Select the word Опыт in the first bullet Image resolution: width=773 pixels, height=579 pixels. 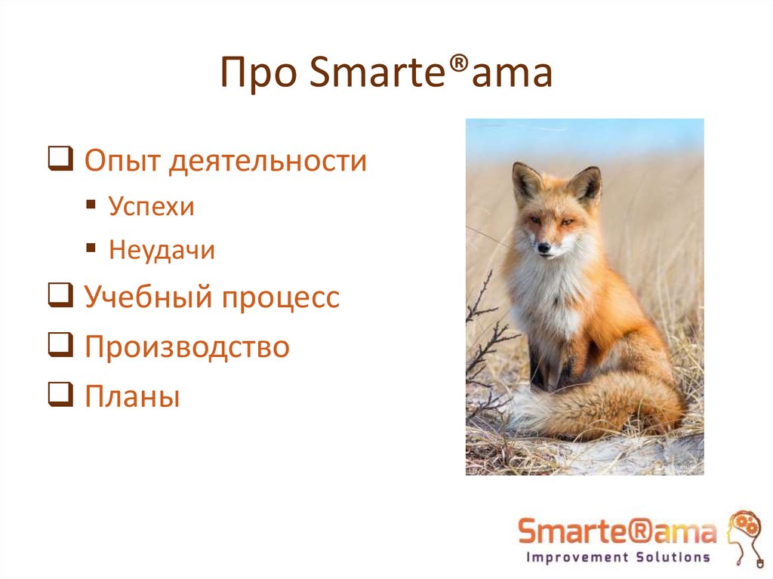click(x=121, y=161)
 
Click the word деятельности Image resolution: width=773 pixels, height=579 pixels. click(x=267, y=162)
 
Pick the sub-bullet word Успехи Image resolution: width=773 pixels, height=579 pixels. click(x=151, y=207)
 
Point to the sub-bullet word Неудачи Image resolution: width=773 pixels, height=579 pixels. click(x=162, y=250)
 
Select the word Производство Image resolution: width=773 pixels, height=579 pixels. click(x=186, y=347)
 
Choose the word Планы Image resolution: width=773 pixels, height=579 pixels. click(x=132, y=396)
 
